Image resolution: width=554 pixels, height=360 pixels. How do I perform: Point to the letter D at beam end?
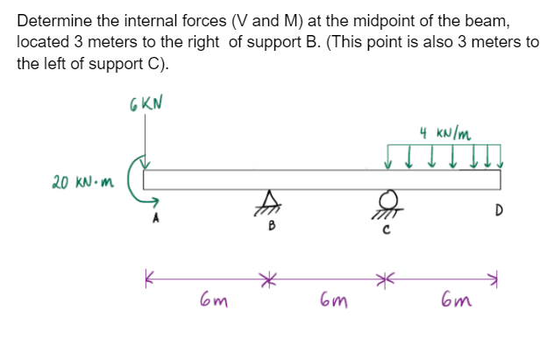[x=498, y=210]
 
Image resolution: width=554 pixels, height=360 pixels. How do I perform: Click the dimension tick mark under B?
[x=269, y=278]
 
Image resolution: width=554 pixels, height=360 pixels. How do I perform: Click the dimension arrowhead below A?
[x=150, y=278]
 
